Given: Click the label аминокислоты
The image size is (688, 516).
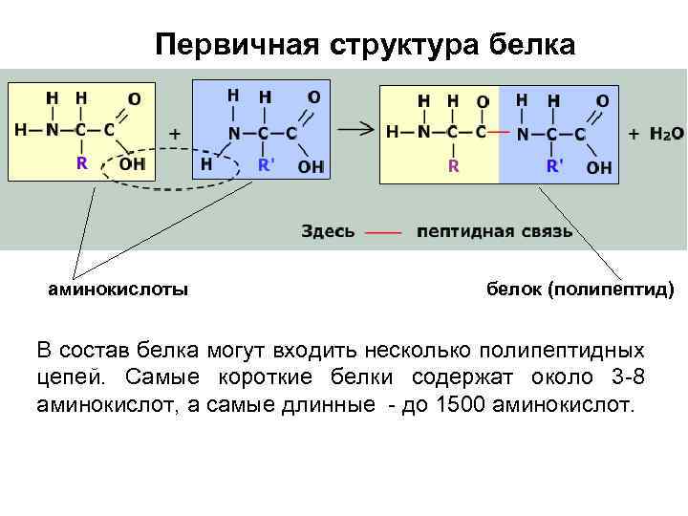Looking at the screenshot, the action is tap(118, 288).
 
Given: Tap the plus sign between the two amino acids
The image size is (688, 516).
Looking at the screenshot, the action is tap(175, 135).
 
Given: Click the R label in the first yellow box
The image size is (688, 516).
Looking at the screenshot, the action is tap(82, 163).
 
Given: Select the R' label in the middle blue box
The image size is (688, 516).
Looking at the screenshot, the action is tap(267, 164).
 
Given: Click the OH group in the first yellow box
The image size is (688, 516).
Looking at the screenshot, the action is tap(132, 163).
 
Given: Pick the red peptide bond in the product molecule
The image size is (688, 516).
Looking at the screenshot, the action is tap(499, 133).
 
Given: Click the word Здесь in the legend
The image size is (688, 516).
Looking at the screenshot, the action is tap(329, 230).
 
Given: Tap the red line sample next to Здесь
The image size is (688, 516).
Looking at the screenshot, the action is tap(383, 231).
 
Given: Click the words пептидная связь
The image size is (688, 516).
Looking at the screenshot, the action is tap(495, 230).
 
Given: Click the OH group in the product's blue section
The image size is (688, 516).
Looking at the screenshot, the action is tap(599, 167).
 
